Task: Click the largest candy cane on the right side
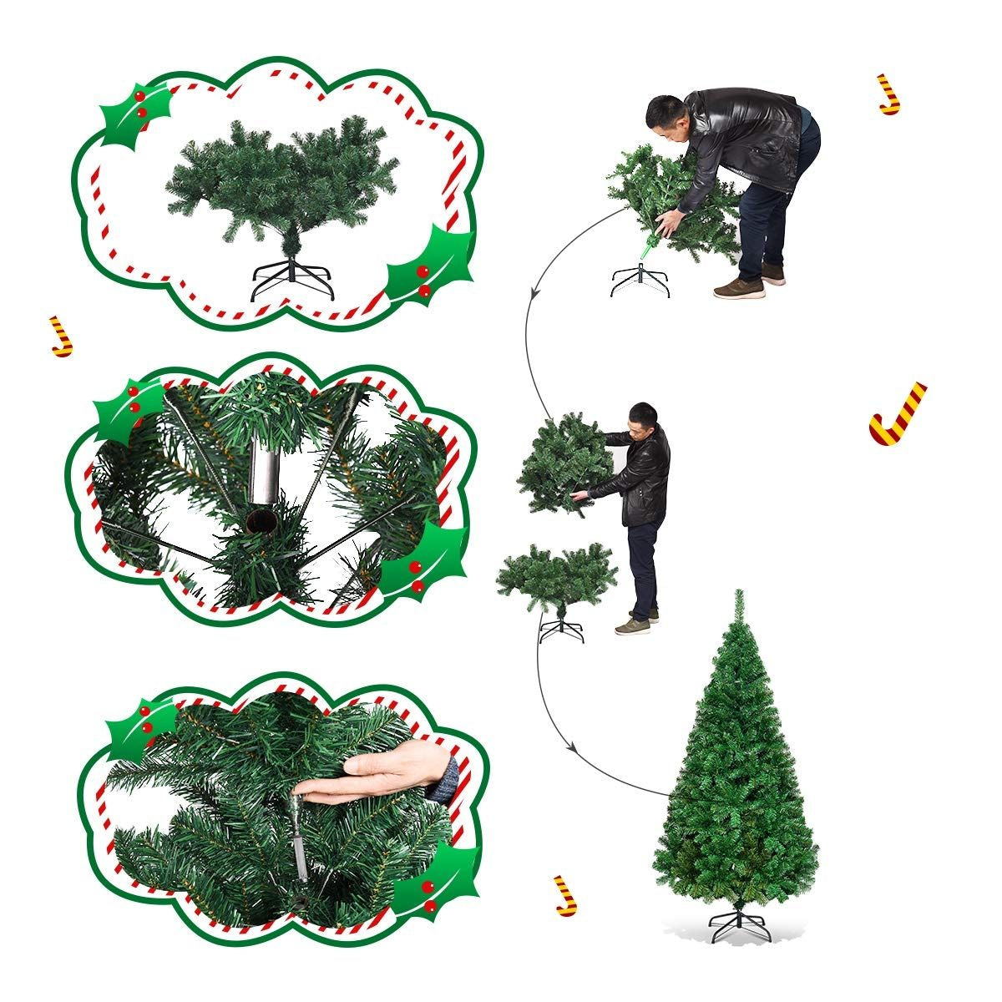tap(897, 414)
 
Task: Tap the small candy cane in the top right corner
tap(889, 94)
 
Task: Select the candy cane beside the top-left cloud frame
tap(61, 337)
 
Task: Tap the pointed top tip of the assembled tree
tap(738, 595)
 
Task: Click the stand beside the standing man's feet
tap(561, 629)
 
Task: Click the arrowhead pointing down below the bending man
tap(533, 292)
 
